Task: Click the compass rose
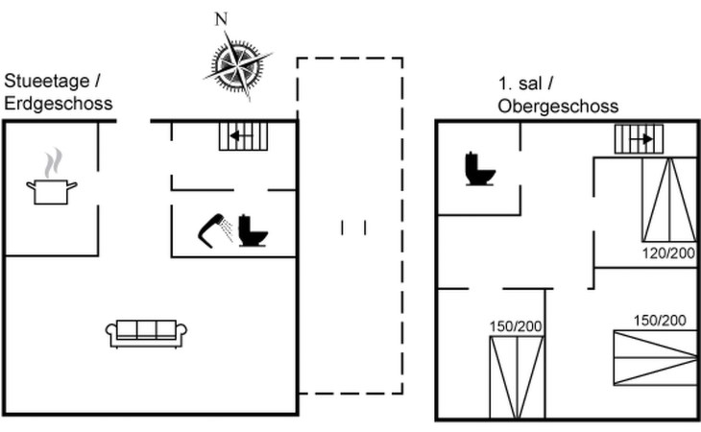pos(238,66)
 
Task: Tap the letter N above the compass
pos(221,19)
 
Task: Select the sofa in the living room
pos(146,333)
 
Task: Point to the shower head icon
pos(215,230)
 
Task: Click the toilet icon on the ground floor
pos(253,230)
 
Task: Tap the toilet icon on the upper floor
pos(480,169)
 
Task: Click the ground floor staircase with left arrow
pos(243,136)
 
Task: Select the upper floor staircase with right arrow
pos(639,139)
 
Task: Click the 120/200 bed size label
pos(668,253)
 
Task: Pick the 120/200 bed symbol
pos(669,200)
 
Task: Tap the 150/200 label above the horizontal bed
pos(660,321)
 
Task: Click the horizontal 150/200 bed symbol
pos(656,357)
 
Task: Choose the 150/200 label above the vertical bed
pos(516,326)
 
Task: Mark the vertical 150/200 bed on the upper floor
pos(517,377)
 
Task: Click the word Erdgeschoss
pos(59,104)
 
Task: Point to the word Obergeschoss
pos(558,107)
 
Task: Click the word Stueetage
pos(46,82)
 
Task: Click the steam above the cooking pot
pos(53,163)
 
